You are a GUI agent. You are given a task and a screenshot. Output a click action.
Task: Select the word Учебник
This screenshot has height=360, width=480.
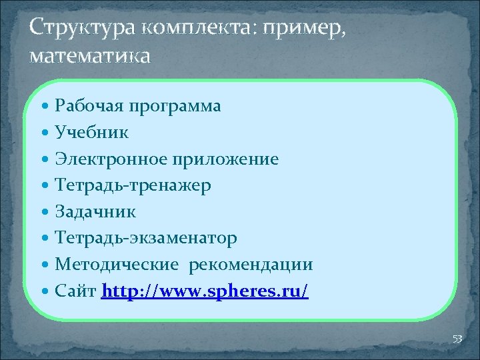tap(92, 133)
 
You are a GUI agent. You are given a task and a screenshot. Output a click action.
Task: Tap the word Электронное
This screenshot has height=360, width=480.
tap(111, 159)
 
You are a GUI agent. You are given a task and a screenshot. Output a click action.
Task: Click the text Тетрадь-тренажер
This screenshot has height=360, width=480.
tap(133, 185)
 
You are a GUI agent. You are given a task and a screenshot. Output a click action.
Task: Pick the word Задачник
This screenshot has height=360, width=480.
tap(96, 212)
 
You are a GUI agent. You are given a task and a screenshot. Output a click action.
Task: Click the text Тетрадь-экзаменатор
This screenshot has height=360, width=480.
tap(146, 238)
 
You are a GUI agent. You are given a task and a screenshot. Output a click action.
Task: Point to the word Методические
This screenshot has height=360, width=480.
tap(117, 265)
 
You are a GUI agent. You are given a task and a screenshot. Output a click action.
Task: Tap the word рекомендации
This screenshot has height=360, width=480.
tap(251, 265)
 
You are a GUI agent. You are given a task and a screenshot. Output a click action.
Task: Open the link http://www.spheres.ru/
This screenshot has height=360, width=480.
tap(205, 292)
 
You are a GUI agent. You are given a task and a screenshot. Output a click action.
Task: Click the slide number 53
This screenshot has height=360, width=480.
tap(457, 339)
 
